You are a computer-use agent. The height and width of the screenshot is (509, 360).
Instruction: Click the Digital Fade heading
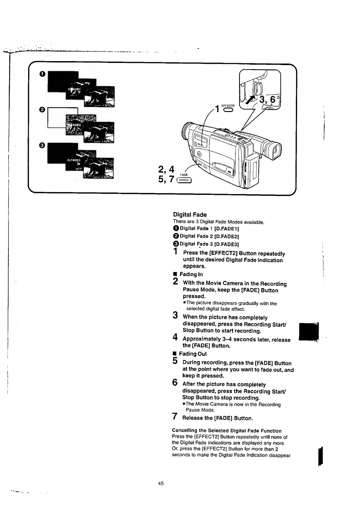pos(190,215)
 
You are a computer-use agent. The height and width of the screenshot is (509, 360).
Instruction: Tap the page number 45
pos(161,483)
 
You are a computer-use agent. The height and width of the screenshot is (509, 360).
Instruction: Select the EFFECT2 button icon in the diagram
pos(228,110)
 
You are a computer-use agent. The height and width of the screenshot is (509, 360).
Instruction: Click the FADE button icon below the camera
pos(184,181)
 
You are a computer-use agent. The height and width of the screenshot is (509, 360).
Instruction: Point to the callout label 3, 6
pos(267,99)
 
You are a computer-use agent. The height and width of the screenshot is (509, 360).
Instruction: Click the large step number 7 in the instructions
pos(175,416)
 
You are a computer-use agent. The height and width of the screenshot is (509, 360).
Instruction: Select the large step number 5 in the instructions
pos(175,361)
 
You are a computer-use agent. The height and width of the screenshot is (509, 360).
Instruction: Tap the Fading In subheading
pos(191,274)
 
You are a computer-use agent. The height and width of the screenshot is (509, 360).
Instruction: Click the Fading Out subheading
pos(193,354)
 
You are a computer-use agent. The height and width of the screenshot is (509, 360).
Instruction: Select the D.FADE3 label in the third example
pos(74,160)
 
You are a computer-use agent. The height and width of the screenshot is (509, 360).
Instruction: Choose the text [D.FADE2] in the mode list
pos(227,236)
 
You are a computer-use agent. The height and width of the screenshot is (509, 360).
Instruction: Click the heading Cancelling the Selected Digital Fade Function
pos(227,431)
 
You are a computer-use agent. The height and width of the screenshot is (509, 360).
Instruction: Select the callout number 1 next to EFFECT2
pos(217,108)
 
